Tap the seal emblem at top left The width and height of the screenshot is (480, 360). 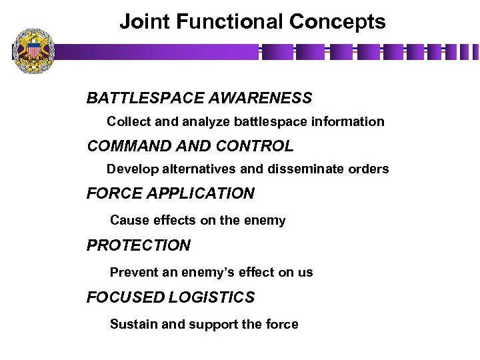(x=33, y=51)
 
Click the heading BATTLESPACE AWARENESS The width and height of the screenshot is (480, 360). (x=199, y=99)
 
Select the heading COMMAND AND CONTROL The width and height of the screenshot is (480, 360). (x=189, y=146)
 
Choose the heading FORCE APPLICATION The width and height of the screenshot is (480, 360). (x=170, y=194)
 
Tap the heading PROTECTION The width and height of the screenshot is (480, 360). (x=138, y=245)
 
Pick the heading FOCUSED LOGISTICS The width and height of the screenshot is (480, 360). (x=170, y=297)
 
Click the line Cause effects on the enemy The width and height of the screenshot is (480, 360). (x=197, y=221)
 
